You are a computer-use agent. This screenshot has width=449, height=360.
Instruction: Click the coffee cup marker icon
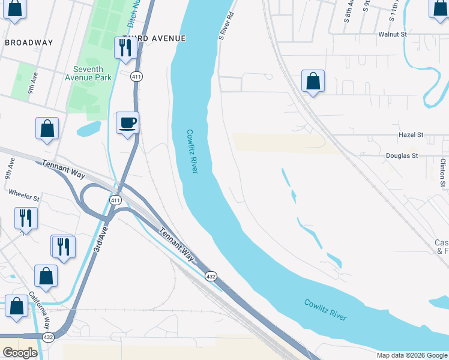[x=127, y=124]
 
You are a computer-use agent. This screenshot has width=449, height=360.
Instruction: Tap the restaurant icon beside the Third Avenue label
[x=125, y=48]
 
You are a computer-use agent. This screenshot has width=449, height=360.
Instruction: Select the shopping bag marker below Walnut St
[x=313, y=82]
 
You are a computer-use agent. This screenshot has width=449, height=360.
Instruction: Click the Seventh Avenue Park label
[x=88, y=73]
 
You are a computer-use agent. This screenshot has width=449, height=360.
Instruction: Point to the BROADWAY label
[x=29, y=43]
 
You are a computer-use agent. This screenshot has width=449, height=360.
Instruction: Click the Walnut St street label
[x=393, y=34]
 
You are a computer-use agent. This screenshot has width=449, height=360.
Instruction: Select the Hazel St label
[x=411, y=135]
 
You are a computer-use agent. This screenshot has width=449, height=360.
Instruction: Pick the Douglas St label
[x=401, y=155]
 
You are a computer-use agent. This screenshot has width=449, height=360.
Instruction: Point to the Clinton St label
[x=443, y=170]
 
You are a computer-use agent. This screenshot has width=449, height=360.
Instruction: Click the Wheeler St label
[x=24, y=197]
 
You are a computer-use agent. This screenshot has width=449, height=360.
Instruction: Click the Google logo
[x=20, y=353]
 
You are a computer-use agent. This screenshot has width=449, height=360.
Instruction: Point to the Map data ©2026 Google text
[x=411, y=355]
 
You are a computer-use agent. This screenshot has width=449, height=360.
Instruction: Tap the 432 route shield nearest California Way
[x=49, y=337]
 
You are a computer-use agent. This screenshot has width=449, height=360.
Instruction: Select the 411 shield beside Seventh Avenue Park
[x=137, y=76]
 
